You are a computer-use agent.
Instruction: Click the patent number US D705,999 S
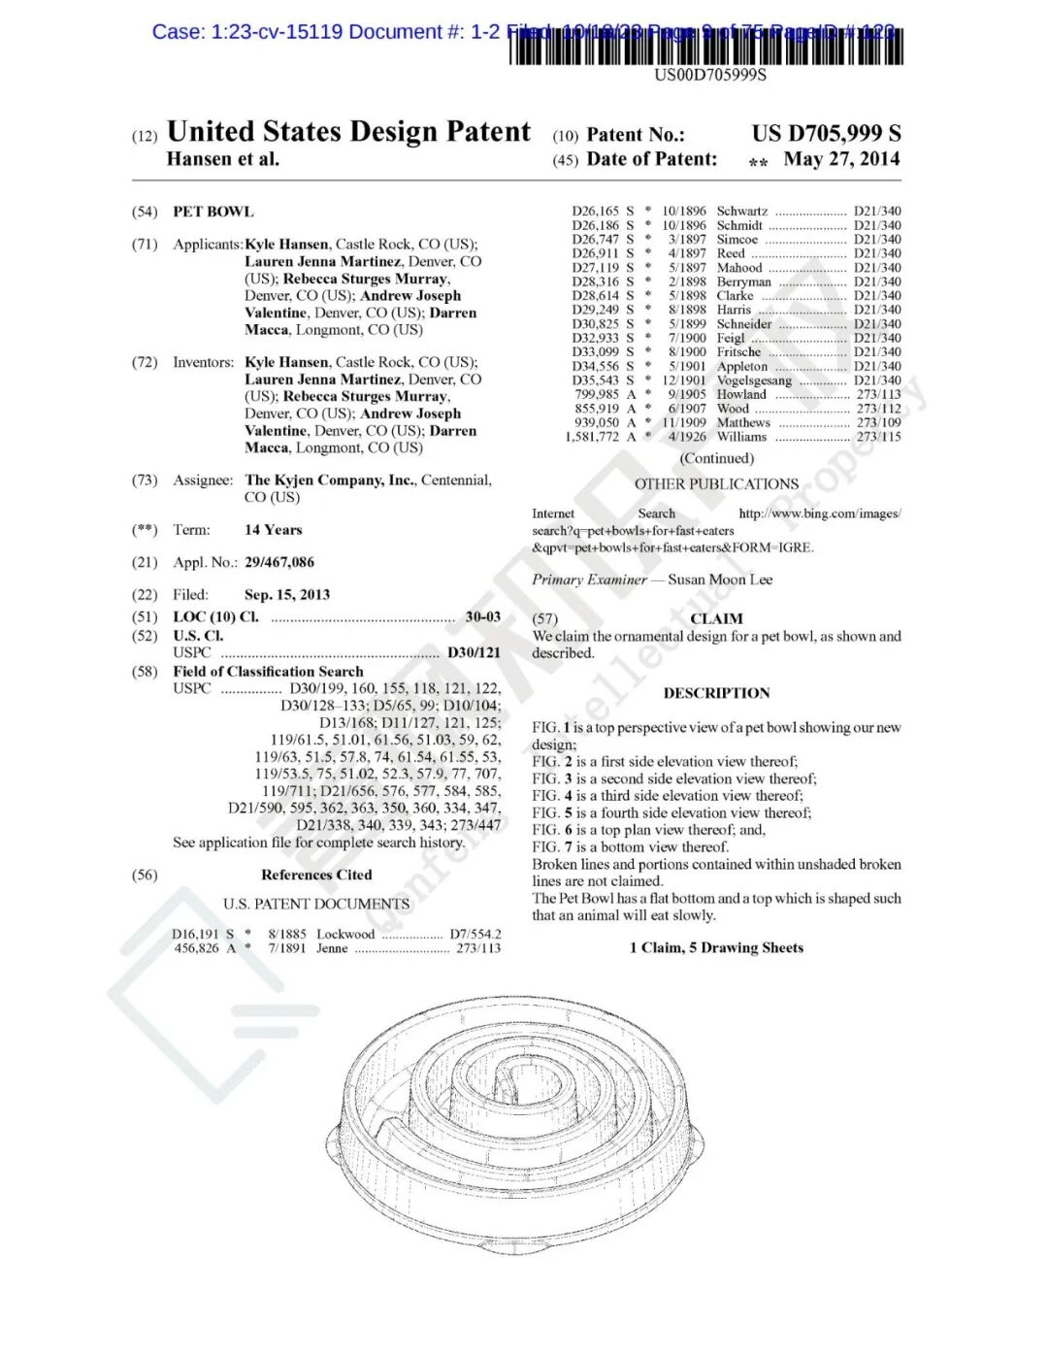(x=826, y=133)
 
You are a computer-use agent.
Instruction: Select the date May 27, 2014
(x=841, y=159)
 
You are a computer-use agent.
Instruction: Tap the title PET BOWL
(x=213, y=212)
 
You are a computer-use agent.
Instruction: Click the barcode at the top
(x=705, y=47)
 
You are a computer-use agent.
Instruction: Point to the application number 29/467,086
(x=279, y=562)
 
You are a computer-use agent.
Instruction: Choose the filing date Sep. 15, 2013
(x=287, y=594)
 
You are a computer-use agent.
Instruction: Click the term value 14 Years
(x=274, y=530)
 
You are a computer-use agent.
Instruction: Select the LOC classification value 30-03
(x=483, y=616)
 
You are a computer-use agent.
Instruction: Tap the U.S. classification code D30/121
(x=474, y=652)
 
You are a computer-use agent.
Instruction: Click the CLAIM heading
(x=716, y=618)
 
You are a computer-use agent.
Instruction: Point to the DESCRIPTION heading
(x=716, y=693)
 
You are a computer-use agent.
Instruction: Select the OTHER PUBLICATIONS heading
(x=716, y=483)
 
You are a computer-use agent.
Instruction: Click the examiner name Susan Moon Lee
(x=720, y=579)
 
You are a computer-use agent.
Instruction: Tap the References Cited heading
(x=316, y=875)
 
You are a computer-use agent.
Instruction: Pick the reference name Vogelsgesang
(x=754, y=380)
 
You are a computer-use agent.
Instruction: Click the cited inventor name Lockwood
(x=345, y=934)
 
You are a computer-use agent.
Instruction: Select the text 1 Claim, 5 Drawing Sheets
(x=716, y=947)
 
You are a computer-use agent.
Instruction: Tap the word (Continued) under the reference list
(x=716, y=458)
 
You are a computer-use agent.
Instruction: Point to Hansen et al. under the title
(x=223, y=159)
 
